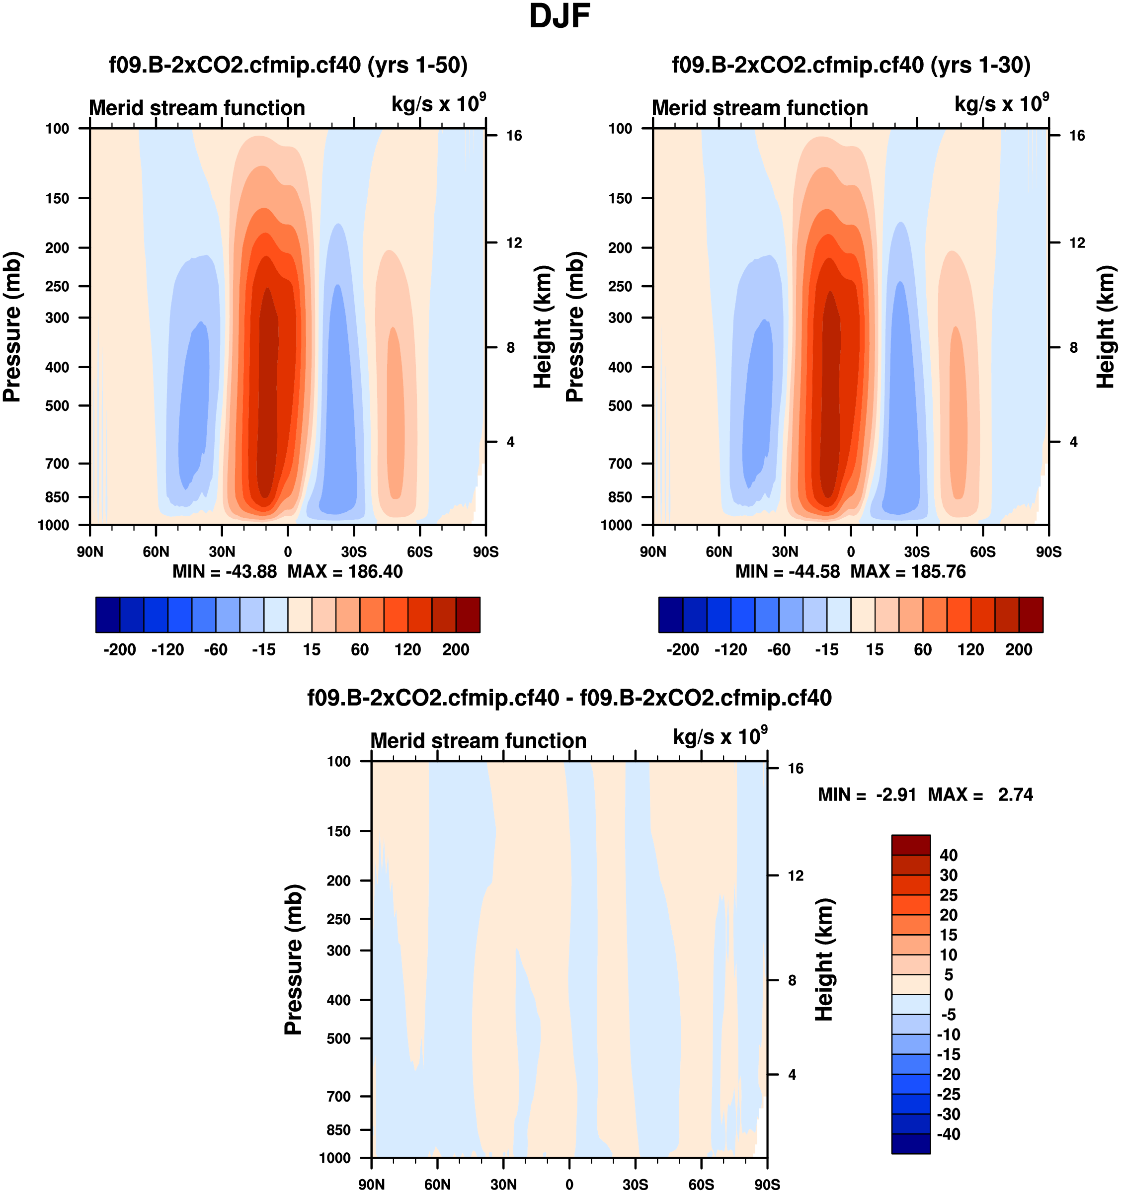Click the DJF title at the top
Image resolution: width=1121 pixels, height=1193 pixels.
(560, 17)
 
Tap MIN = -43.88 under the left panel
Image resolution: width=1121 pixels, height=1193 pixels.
(225, 572)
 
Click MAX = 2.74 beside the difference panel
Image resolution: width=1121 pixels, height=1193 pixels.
(980, 795)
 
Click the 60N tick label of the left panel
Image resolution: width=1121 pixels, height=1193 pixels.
(156, 552)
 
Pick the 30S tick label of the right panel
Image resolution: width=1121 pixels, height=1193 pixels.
(916, 552)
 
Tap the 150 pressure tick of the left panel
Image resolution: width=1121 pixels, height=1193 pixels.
(57, 199)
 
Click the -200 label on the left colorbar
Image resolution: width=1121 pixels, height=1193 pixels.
(119, 650)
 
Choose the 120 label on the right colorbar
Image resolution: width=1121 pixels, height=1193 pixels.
(970, 650)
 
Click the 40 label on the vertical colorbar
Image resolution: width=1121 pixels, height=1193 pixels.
(948, 855)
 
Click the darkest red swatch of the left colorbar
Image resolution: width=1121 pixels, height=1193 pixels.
(468, 615)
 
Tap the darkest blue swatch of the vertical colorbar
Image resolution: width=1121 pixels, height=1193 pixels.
(910, 1144)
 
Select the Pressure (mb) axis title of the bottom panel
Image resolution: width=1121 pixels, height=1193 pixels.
(294, 959)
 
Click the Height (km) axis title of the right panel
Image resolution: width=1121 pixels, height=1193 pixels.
(1106, 327)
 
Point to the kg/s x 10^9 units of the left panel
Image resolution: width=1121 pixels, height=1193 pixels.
(438, 104)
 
